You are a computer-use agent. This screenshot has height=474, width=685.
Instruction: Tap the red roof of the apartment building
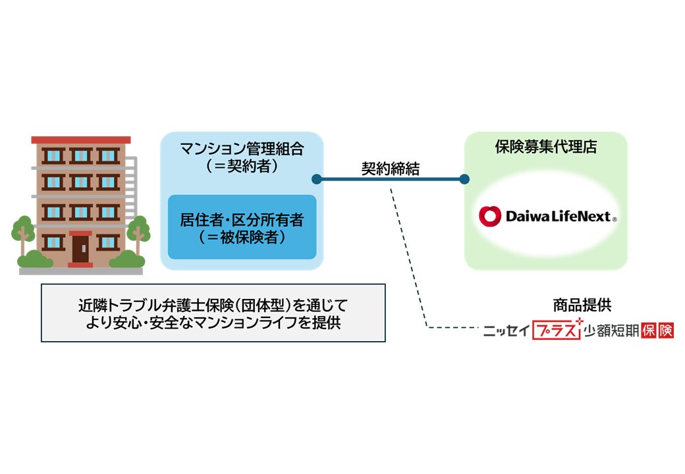pyautogui.click(x=80, y=140)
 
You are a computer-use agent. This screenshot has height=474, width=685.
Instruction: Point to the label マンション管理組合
pyautogui.click(x=242, y=149)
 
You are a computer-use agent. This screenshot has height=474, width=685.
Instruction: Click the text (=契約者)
pyautogui.click(x=242, y=166)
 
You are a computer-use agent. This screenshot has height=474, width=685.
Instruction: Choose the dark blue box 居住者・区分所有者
pyautogui.click(x=242, y=226)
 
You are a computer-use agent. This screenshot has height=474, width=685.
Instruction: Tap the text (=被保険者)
pyautogui.click(x=242, y=237)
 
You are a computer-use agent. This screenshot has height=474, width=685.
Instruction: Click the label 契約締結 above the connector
pyautogui.click(x=390, y=168)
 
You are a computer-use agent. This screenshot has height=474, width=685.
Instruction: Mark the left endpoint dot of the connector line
pyautogui.click(x=316, y=179)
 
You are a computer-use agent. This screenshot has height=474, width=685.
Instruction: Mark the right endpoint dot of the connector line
pyautogui.click(x=464, y=179)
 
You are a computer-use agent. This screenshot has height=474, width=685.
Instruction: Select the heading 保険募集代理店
pyautogui.click(x=546, y=147)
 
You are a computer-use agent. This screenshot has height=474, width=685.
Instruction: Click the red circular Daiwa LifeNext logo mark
pyautogui.click(x=490, y=216)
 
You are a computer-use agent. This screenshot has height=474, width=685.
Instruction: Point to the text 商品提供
pyautogui.click(x=582, y=305)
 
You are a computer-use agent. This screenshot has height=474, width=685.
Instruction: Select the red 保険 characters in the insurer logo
pyautogui.click(x=657, y=330)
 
